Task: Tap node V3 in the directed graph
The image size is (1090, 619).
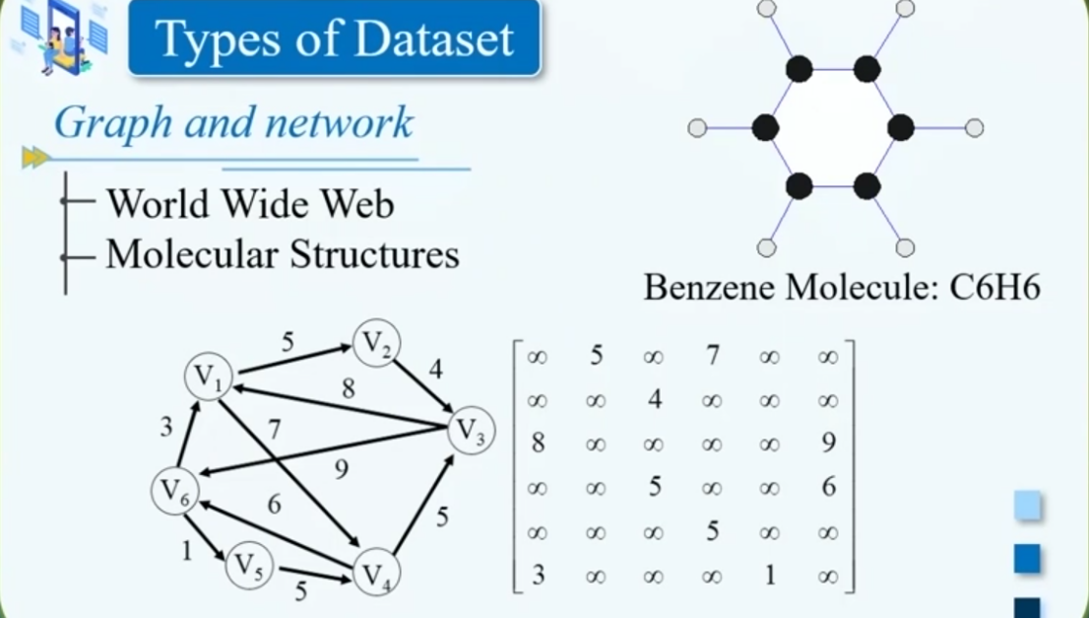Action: (471, 432)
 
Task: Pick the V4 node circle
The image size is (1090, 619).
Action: (375, 573)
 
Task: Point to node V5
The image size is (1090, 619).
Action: (249, 567)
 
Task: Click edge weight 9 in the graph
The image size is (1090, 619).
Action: (341, 470)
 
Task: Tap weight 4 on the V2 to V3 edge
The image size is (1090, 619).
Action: (435, 372)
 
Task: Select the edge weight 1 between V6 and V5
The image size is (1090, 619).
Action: (186, 551)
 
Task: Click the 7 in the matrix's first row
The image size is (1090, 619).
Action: (712, 355)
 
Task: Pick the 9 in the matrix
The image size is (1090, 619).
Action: (828, 443)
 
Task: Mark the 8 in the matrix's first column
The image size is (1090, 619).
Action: (538, 443)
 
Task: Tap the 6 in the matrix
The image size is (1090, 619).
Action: (828, 487)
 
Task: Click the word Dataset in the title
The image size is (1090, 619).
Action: (434, 39)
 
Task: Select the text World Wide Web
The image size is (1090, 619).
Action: (250, 204)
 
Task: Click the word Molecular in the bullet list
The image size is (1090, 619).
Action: (191, 254)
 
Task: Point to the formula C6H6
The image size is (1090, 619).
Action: (994, 288)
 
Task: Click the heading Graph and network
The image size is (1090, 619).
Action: (233, 123)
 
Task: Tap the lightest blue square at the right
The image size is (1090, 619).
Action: (1027, 507)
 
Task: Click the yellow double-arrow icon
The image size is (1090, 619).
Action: (35, 157)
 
